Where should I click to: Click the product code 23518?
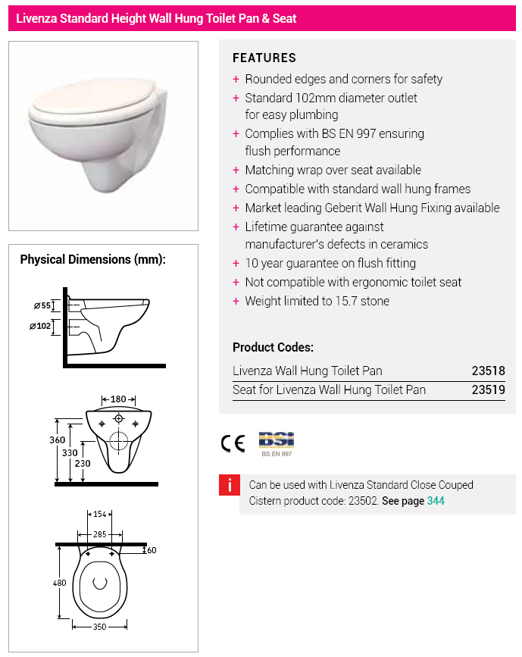(x=488, y=371)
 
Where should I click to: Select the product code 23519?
(x=488, y=390)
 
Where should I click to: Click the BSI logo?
(x=276, y=440)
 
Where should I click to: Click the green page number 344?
(x=436, y=501)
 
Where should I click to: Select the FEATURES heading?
(x=264, y=58)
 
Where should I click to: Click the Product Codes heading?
(x=273, y=348)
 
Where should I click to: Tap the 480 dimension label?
(x=60, y=583)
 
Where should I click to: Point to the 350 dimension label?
(x=100, y=628)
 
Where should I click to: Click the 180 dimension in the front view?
(x=118, y=399)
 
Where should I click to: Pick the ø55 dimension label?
(x=43, y=306)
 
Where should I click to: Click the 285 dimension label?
(x=100, y=534)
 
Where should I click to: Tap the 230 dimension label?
(x=82, y=464)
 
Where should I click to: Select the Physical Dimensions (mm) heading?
(x=92, y=259)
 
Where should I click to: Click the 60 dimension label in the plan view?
(x=152, y=551)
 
